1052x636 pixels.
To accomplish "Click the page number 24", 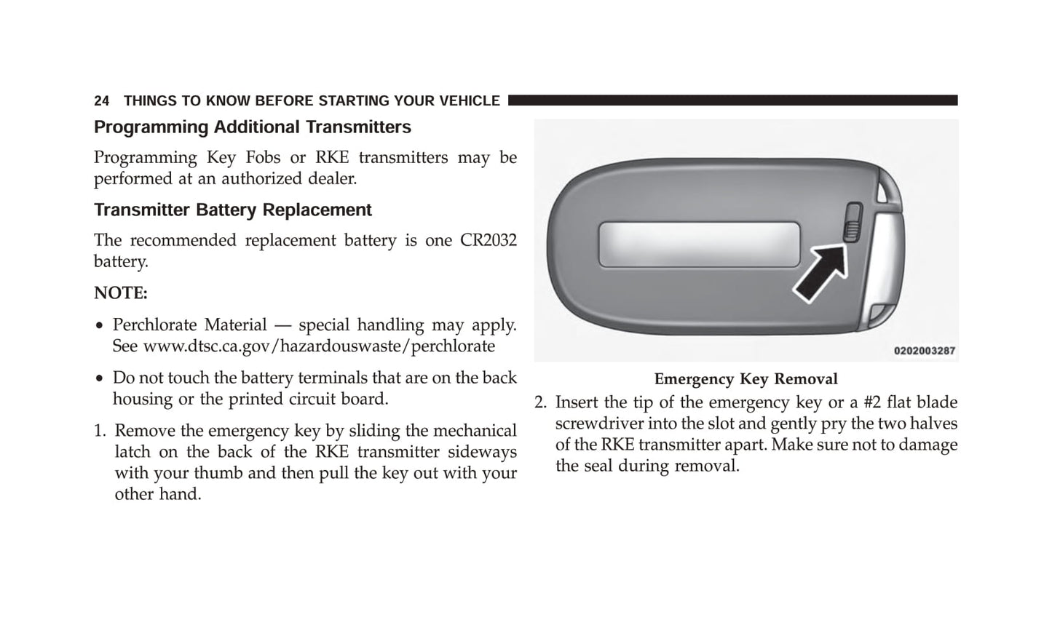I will [101, 101].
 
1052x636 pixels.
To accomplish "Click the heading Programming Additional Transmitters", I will [252, 127].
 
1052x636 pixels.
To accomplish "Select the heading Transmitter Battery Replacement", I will [232, 210].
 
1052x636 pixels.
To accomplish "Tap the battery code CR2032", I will [488, 241].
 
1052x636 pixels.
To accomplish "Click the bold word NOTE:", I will [121, 293].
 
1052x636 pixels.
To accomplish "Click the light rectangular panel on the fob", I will [699, 245].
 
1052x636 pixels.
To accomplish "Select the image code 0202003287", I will [924, 351].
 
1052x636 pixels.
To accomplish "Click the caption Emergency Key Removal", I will [746, 379].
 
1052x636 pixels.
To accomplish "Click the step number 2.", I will [539, 403].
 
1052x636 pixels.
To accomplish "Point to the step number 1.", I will [98, 432].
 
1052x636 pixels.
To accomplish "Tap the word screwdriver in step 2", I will [594, 424].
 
